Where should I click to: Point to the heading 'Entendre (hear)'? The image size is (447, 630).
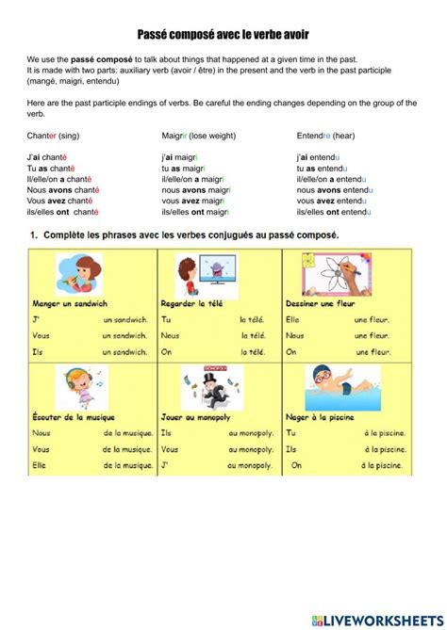click(x=327, y=135)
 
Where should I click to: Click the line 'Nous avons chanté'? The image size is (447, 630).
click(x=63, y=189)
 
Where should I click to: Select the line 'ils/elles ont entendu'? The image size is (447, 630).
click(x=335, y=212)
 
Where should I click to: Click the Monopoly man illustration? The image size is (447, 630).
click(x=200, y=386)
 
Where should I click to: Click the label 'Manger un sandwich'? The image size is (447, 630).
click(x=72, y=304)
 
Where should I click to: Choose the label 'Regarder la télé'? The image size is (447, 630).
click(x=201, y=304)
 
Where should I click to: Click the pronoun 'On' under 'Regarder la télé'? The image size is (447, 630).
click(x=167, y=351)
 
